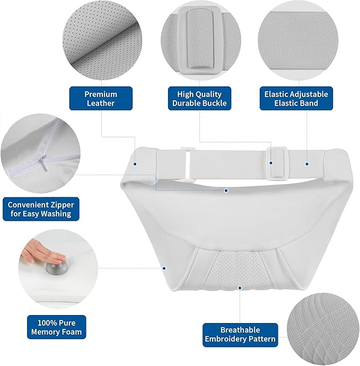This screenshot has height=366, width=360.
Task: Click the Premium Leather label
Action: click(101, 98)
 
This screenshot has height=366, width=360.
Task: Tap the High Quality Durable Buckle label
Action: click(199, 98)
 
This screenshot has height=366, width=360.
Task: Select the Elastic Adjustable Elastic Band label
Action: click(296, 98)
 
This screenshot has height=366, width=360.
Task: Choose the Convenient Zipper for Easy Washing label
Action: click(41, 209)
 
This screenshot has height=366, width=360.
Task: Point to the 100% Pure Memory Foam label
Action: click(56, 327)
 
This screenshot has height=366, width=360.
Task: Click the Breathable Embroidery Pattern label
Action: click(240, 334)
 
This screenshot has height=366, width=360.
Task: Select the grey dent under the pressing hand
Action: click(57, 268)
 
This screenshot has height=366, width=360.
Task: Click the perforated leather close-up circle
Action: click(102, 40)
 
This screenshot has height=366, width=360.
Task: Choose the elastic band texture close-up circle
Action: click(298, 40)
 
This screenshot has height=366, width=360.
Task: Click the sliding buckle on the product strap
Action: click(278, 163)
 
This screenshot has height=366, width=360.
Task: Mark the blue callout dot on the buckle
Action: click(271, 163)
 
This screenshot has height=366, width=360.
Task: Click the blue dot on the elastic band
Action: click(307, 164)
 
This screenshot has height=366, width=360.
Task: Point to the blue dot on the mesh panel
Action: click(240, 288)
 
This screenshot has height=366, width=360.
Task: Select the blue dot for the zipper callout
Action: click(226, 191)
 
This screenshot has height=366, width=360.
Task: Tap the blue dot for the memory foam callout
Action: click(164, 268)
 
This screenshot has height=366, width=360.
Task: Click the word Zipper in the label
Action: click(62, 205)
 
